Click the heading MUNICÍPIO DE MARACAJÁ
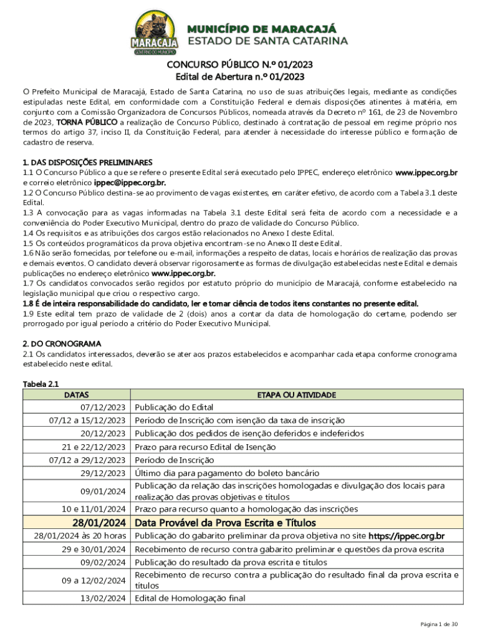(x=261, y=29)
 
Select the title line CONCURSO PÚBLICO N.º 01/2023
(x=239, y=65)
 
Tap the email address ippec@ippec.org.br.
(x=130, y=183)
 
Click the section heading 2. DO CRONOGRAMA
(x=62, y=344)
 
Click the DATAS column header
(x=76, y=394)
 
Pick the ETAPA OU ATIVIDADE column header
(x=297, y=394)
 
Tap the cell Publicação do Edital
(x=174, y=407)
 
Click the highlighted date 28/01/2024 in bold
(x=99, y=522)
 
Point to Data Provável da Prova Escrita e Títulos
(x=226, y=522)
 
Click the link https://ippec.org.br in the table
(x=406, y=536)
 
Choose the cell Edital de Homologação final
(x=190, y=598)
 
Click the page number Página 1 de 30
(x=439, y=624)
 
